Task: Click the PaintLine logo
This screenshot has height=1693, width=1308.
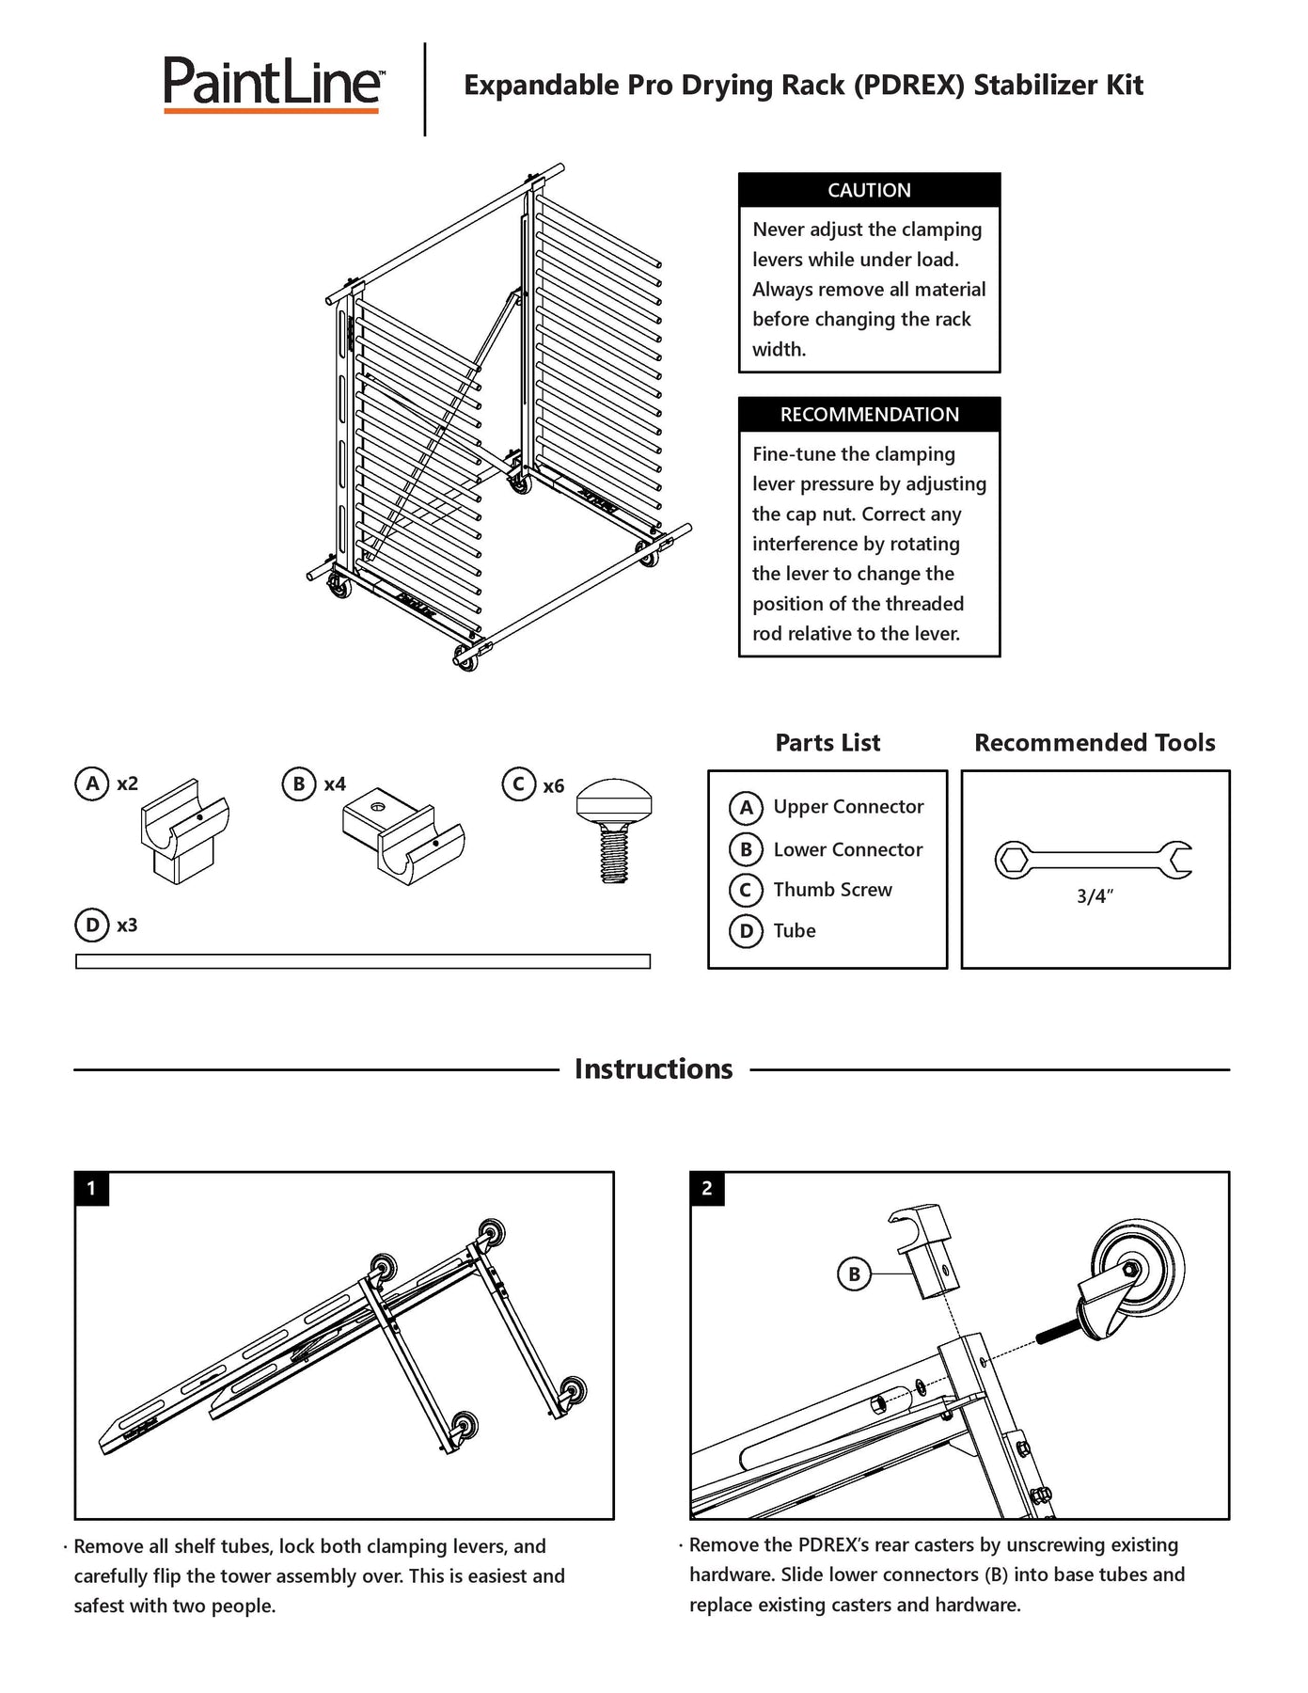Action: [x=273, y=85]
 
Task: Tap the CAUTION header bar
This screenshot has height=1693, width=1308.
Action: [x=869, y=190]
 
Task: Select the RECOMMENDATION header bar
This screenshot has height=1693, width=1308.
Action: [x=869, y=415]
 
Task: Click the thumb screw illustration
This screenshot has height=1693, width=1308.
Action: [x=614, y=828]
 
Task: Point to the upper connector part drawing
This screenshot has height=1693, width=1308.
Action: [x=185, y=831]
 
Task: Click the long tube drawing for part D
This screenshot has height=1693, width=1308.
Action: [x=362, y=961]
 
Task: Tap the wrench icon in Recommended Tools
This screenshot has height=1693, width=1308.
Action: [x=1094, y=860]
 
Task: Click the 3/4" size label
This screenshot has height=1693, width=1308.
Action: [x=1095, y=896]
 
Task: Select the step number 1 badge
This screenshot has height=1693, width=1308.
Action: [x=91, y=1188]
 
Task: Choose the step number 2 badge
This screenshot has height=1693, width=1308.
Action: [x=707, y=1188]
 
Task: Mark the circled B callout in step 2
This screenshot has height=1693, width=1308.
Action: [x=854, y=1274]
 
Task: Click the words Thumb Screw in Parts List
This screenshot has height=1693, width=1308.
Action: [x=832, y=890]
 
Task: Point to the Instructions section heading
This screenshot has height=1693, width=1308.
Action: [x=654, y=1069]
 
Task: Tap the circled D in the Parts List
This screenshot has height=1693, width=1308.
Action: [x=746, y=931]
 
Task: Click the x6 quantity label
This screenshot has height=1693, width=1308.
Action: [x=554, y=786]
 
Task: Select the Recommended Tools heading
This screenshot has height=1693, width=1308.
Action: [x=1095, y=743]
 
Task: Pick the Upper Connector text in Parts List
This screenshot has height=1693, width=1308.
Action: [x=848, y=807]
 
